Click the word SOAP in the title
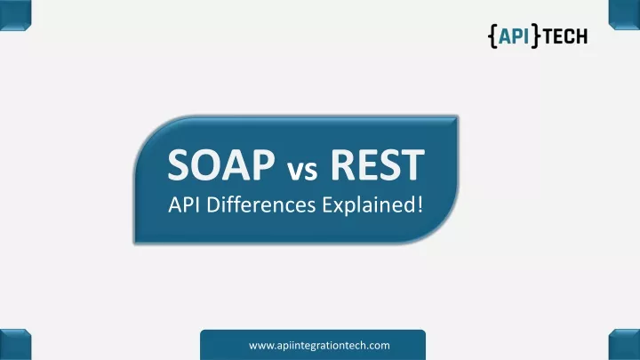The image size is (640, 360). coord(221,164)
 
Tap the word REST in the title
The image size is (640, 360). coord(378,164)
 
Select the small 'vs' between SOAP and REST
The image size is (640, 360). coord(302,170)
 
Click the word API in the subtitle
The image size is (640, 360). coord(184,205)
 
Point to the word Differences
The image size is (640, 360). coord(261,204)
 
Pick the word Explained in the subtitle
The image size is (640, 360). coord(368,205)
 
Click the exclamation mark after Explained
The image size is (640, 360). coord(420,204)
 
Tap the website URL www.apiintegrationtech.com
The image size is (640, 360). coord(319,346)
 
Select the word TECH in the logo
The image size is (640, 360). coord(565,36)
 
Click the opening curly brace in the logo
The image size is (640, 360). coord(492,36)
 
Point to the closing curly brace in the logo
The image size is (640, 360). coord(535,36)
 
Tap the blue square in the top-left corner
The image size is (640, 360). coord(15,15)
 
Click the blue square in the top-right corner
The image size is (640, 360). coord(624,15)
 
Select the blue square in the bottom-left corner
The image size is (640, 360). coord(15,345)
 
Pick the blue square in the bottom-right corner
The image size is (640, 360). coord(624,345)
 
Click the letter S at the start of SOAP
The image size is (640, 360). coord(177,164)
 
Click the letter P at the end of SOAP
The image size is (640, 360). coord(264,164)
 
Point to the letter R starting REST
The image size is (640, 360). coord(342,164)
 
